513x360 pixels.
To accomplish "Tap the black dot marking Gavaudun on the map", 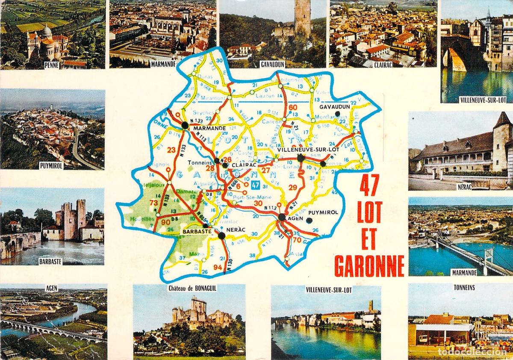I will coord(338,114).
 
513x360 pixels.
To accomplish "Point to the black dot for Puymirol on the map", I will coord(310,221).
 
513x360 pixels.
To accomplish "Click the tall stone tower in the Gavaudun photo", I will coord(302,17).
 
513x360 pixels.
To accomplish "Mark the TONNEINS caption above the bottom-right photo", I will coord(464,288).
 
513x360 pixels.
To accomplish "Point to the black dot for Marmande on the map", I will coord(185,125).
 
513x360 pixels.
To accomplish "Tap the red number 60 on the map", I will coord(293,107).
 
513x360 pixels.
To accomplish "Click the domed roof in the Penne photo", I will coord(46,31).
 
